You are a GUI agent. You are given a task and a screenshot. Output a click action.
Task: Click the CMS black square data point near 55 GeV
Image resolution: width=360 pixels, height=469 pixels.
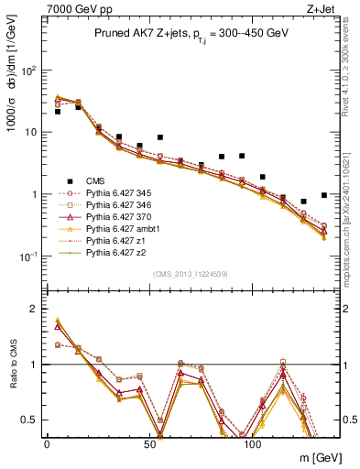pyautogui.click(x=160, y=137)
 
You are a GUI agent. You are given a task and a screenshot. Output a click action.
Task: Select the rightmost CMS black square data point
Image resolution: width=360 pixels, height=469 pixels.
pyautogui.click(x=325, y=194)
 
